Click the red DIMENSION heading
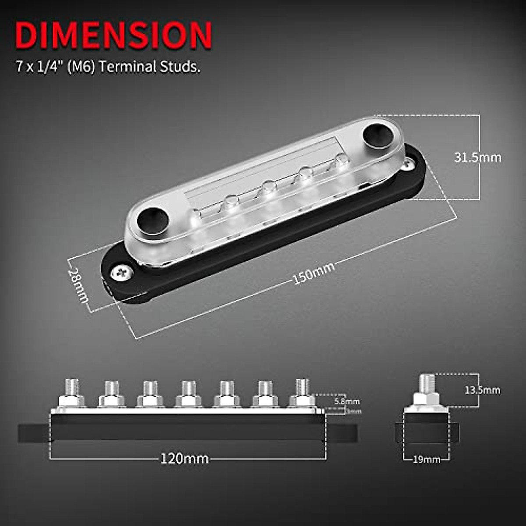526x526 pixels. tap(113, 35)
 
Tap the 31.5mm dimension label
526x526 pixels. tap(477, 157)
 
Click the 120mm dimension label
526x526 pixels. tap(184, 459)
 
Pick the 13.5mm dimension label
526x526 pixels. tap(482, 390)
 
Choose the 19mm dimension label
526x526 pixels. tap(426, 460)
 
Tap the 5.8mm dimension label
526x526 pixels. tap(347, 401)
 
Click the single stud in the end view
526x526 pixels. tap(426, 384)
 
